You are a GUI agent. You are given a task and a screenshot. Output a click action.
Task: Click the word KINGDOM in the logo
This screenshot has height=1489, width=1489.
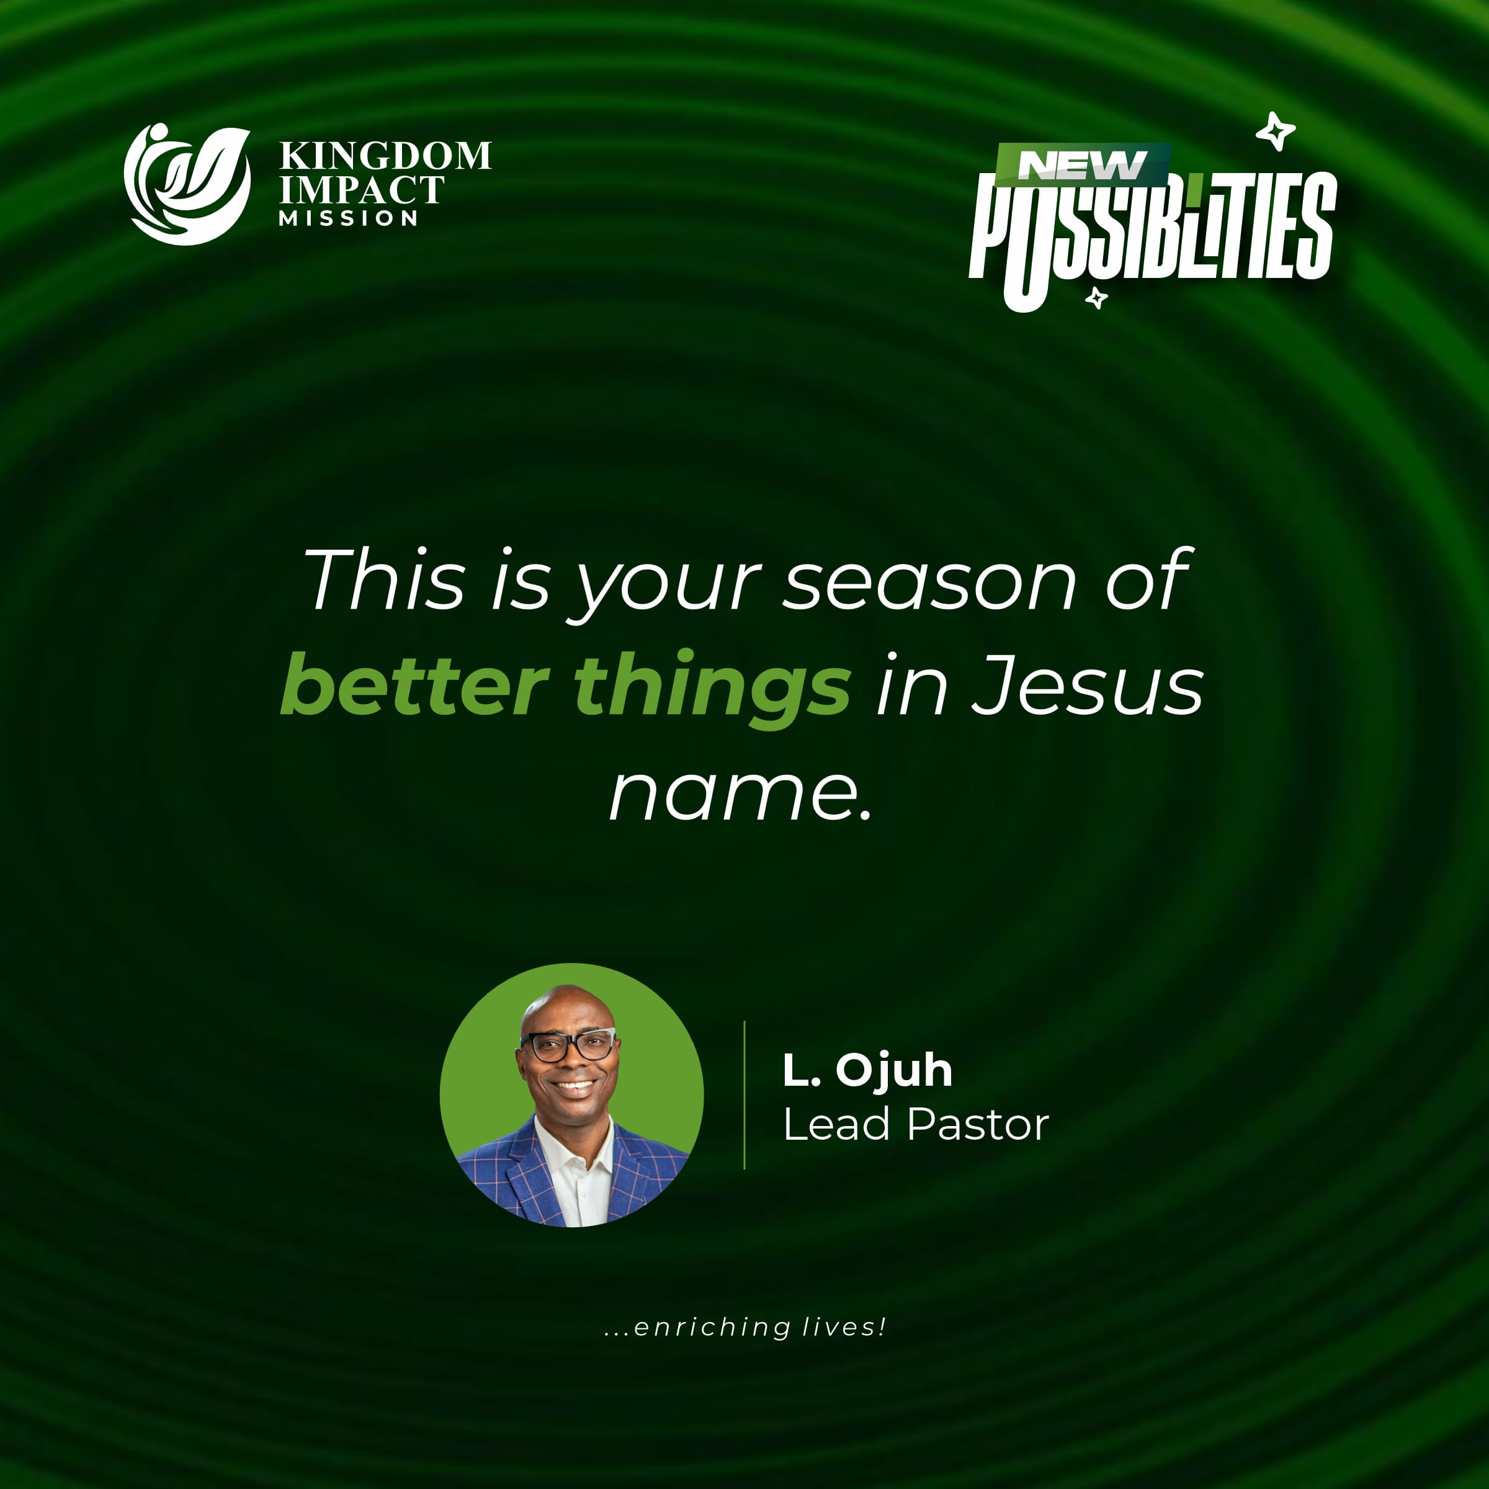pyautogui.click(x=385, y=156)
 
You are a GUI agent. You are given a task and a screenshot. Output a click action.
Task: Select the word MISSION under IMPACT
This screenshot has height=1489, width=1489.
pyautogui.click(x=348, y=219)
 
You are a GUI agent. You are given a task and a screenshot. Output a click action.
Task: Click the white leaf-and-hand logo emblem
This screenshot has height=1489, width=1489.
pyautogui.click(x=187, y=185)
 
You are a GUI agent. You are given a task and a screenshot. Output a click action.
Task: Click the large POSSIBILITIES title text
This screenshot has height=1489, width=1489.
pyautogui.click(x=1152, y=231)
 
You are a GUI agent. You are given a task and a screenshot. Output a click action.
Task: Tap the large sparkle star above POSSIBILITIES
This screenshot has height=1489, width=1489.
pyautogui.click(x=1276, y=132)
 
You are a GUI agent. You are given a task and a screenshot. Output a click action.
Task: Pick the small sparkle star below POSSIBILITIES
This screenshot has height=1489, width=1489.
pyautogui.click(x=1096, y=298)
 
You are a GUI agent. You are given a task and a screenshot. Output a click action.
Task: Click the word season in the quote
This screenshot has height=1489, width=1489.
pyautogui.click(x=929, y=582)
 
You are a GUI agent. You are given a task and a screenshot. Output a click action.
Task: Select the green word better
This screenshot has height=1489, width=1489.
pyautogui.click(x=414, y=686)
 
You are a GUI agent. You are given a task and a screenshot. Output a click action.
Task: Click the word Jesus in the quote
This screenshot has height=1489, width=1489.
pyautogui.click(x=1087, y=686)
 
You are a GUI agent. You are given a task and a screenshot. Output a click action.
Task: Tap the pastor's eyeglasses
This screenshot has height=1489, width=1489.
pyautogui.click(x=569, y=1046)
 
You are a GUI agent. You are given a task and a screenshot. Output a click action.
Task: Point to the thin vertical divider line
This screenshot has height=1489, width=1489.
pyautogui.click(x=744, y=1094)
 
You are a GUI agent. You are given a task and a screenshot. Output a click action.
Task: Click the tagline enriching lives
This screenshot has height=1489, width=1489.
pyautogui.click(x=745, y=1326)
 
